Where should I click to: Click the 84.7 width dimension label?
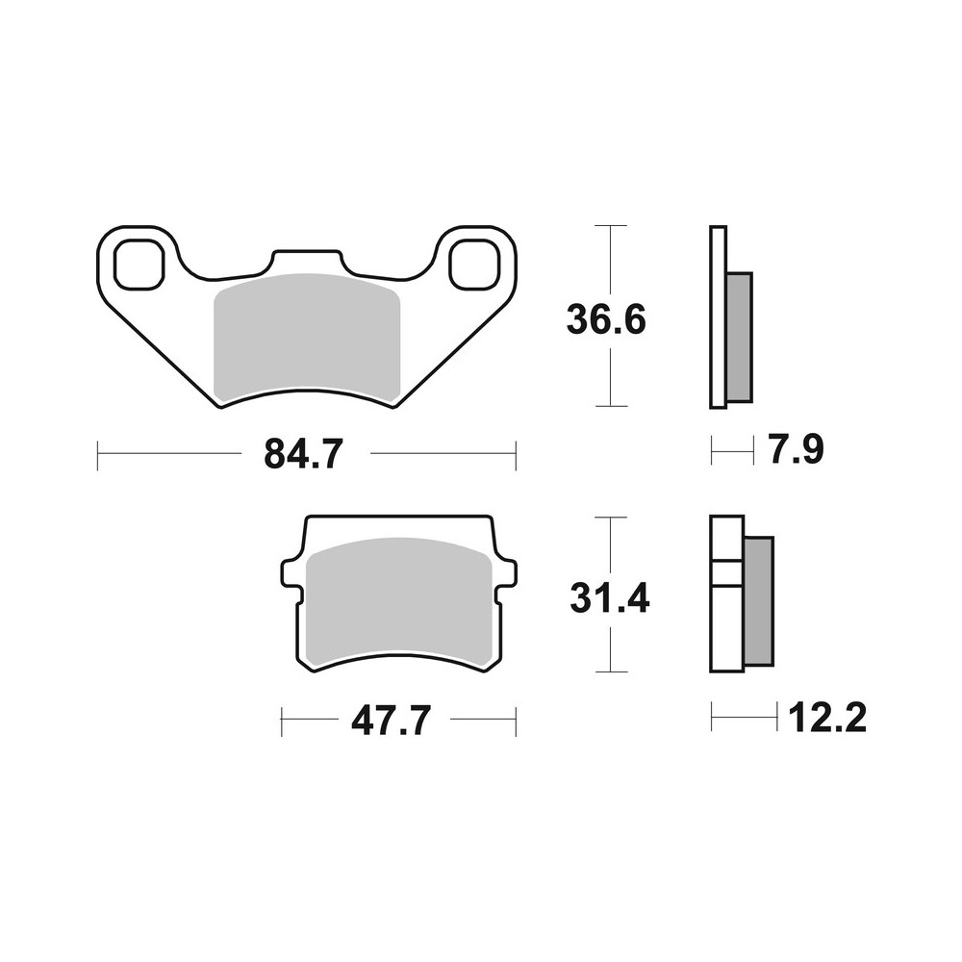tap(303, 453)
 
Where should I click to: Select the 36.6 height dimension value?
tap(606, 318)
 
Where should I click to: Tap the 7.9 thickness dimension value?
tap(795, 449)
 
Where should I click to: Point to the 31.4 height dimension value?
tap(608, 597)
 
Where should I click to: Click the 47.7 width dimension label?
tap(390, 721)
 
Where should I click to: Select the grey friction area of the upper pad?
tap(304, 337)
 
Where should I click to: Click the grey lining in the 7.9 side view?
tap(740, 337)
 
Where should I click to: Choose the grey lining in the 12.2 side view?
tap(758, 600)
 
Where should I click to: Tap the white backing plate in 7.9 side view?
tap(718, 317)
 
